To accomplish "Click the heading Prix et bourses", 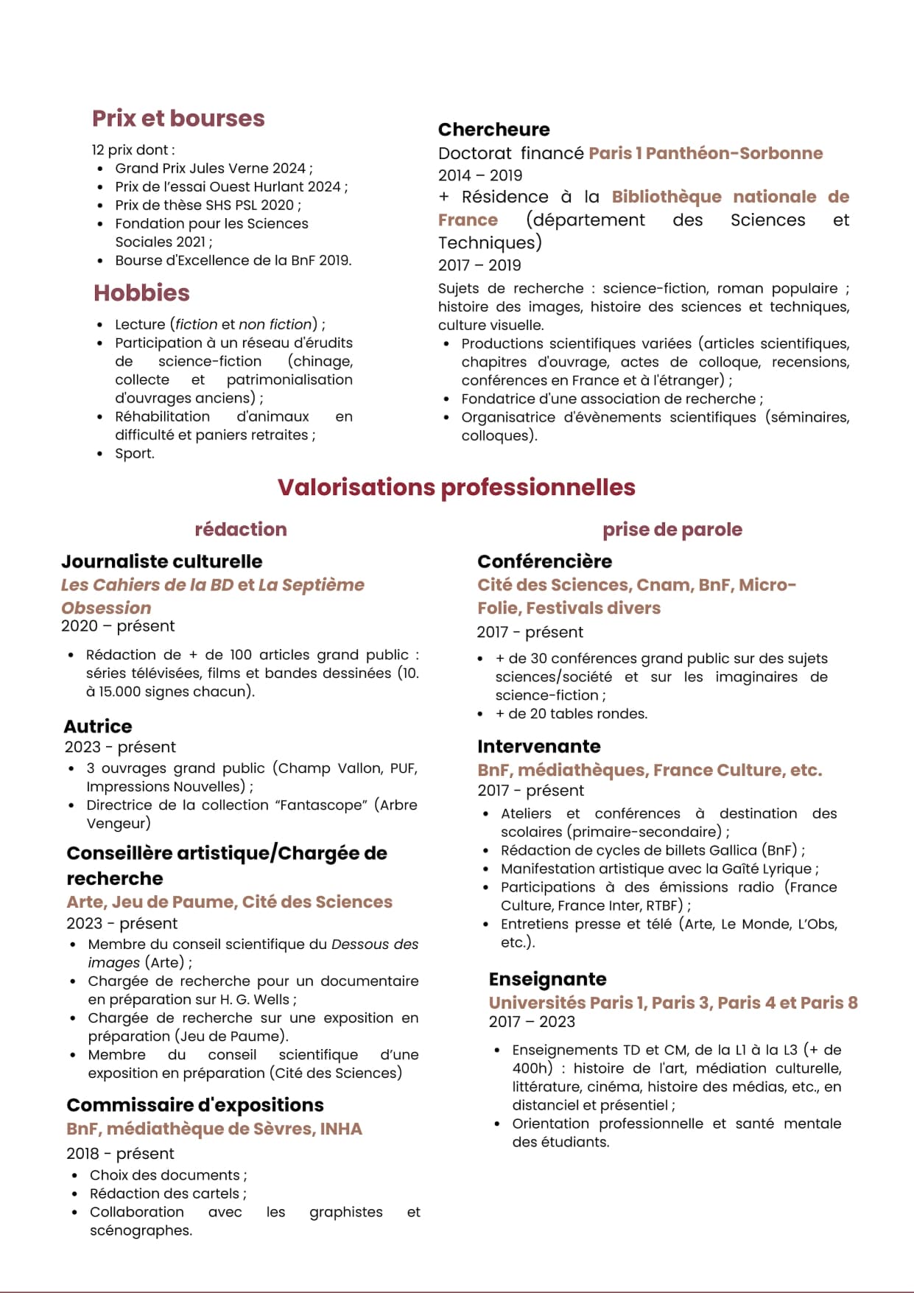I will pos(178,119).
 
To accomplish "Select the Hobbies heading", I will pos(141,293).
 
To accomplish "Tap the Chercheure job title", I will pos(493,130).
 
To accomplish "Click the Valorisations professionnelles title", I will pos(457,487).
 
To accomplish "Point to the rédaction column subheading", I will pos(241,529).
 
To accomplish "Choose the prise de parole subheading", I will pos(672,529).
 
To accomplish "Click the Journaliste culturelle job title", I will pos(162,561).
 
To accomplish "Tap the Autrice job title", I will pos(98,726).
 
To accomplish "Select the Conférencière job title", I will pos(544,561).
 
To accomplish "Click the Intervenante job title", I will pos(539,746).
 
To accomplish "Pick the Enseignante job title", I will pos(548,979).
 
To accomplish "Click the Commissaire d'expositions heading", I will pos(195,1105).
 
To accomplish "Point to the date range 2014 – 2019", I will pos(480,175).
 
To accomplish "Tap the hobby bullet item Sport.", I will pos(135,454).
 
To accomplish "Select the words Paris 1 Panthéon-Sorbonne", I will pos(706,153).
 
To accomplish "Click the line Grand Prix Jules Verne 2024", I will pos(214,169).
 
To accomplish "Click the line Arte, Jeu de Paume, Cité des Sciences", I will pos(229,902).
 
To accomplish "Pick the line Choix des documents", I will pos(168,1175).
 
